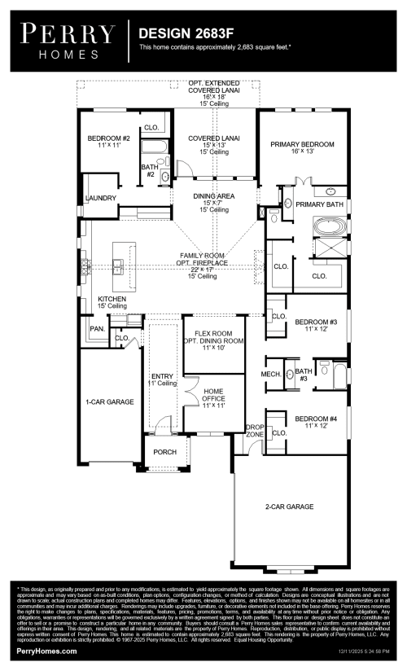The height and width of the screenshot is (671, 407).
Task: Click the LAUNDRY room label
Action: (100, 198)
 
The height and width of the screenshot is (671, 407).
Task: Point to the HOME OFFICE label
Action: (212, 396)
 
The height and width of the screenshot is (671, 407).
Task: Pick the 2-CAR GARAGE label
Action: (289, 507)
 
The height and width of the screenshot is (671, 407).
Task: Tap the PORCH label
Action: (165, 452)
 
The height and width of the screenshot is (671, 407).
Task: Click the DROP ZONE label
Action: (255, 431)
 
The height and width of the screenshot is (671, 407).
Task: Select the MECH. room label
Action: (270, 374)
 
